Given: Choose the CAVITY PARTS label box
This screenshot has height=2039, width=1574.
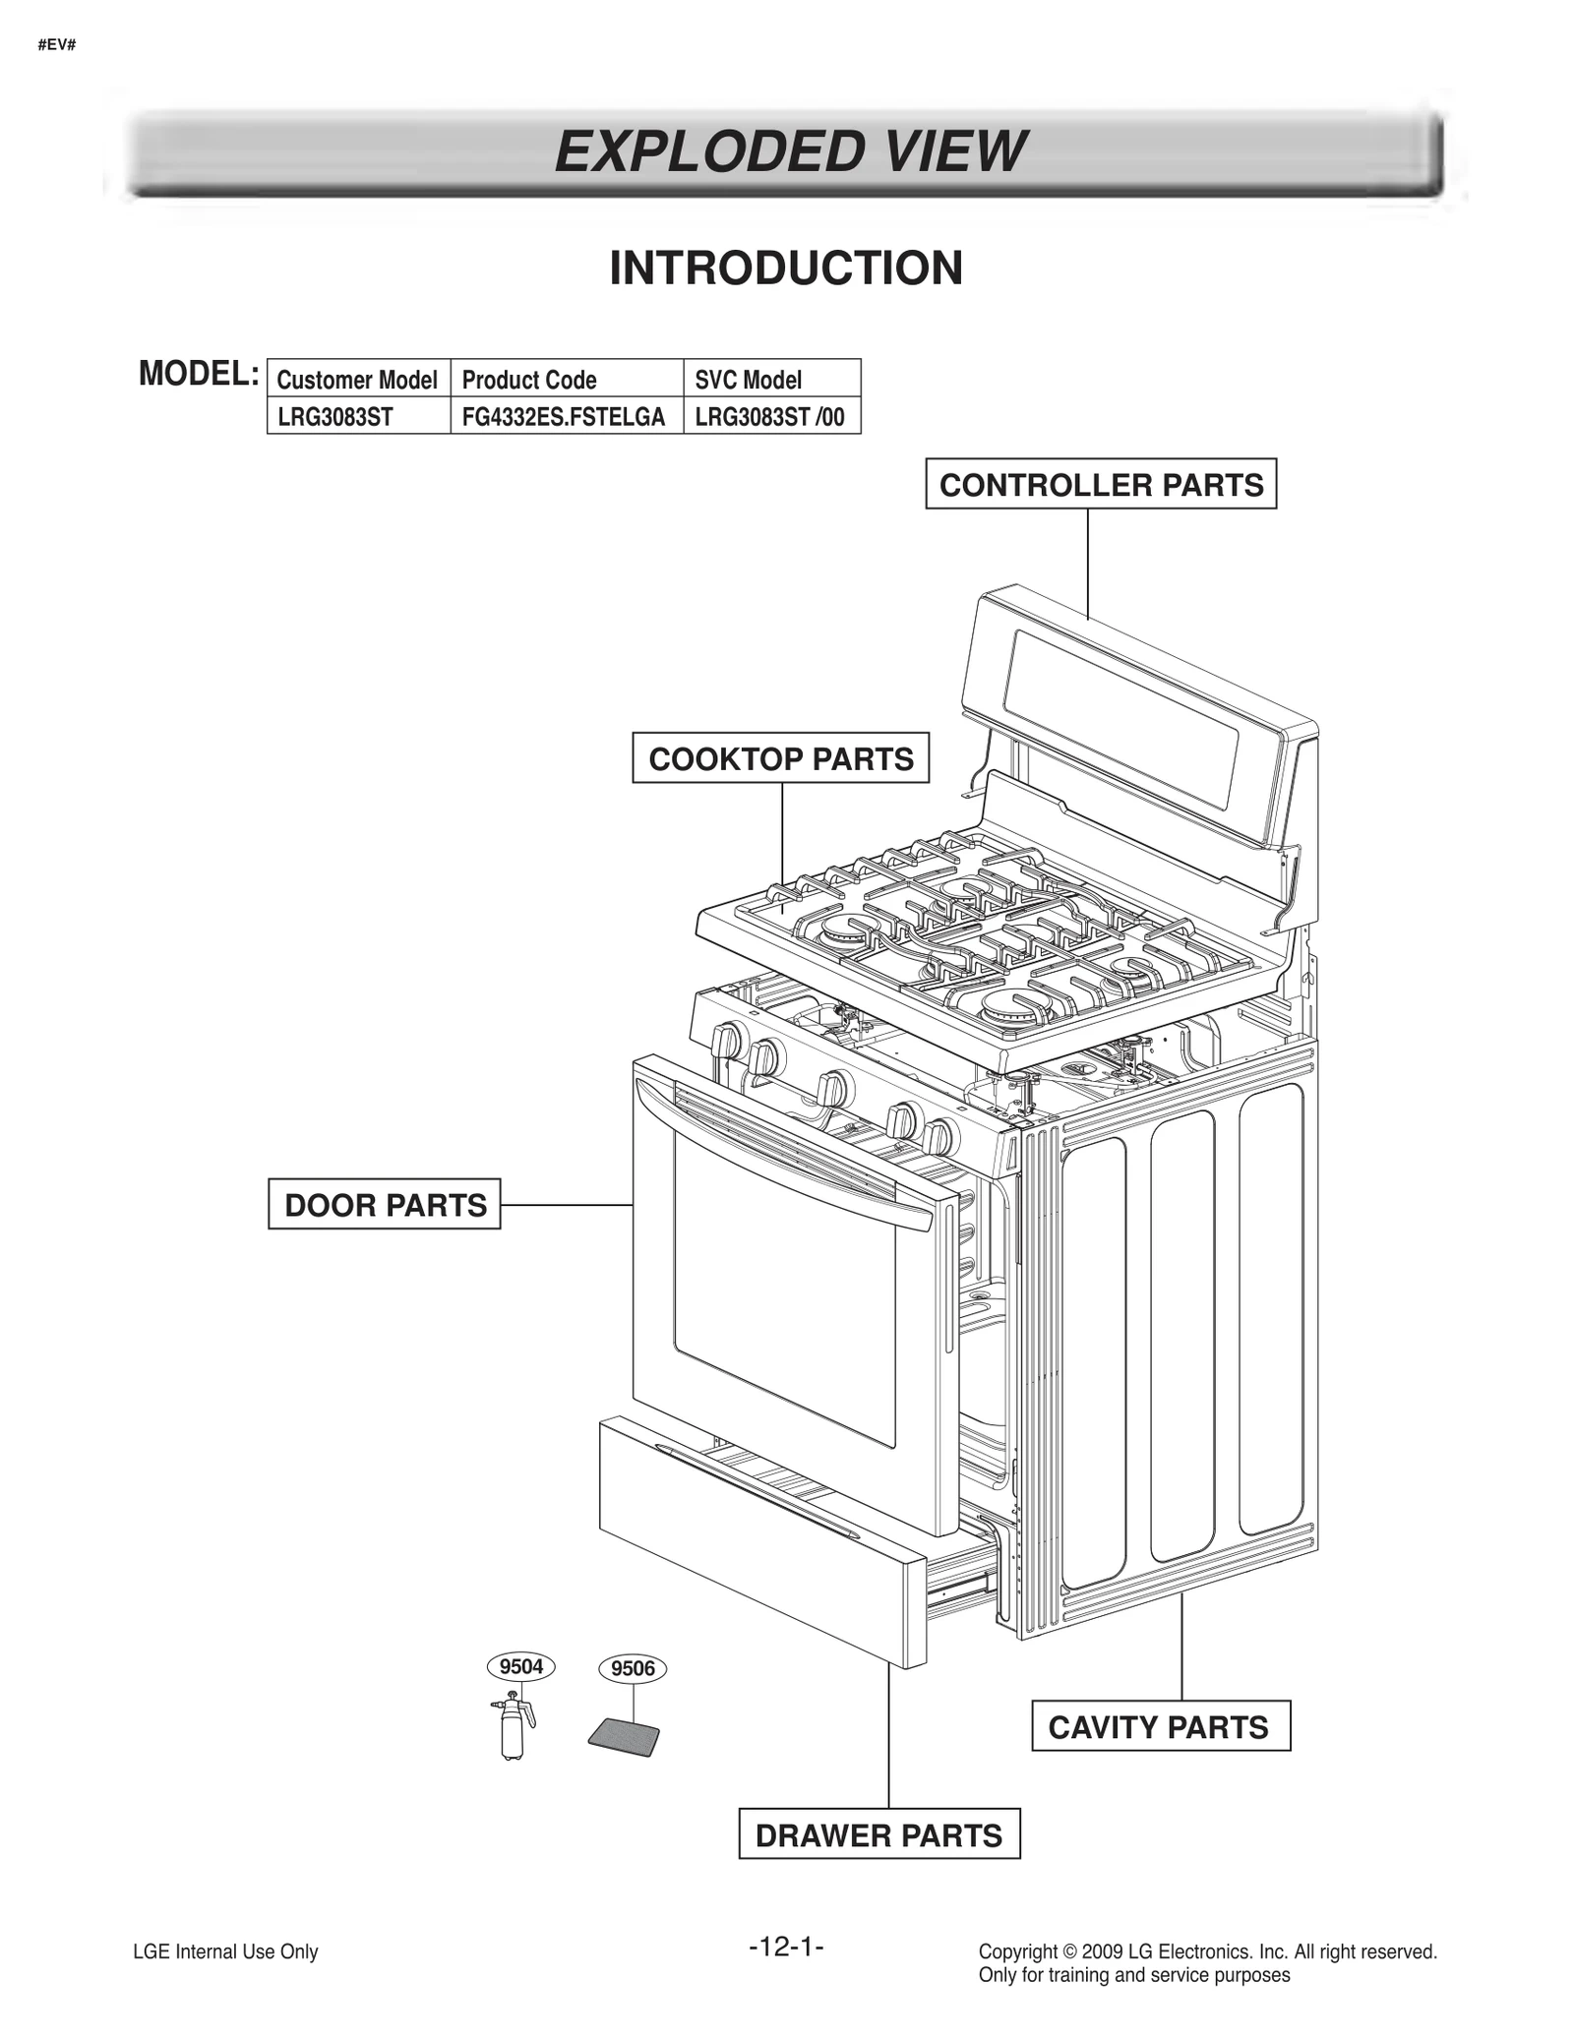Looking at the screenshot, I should pyautogui.click(x=1160, y=1725).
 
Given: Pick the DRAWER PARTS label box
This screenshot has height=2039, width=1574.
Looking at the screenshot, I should pyautogui.click(x=878, y=1833).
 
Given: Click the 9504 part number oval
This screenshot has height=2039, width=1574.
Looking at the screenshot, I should pyautogui.click(x=520, y=1666).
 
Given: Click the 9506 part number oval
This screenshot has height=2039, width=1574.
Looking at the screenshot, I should pyautogui.click(x=632, y=1668).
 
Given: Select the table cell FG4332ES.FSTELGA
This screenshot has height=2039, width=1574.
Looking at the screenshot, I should pyautogui.click(x=565, y=416).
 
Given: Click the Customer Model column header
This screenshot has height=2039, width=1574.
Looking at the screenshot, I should pyautogui.click(x=357, y=379).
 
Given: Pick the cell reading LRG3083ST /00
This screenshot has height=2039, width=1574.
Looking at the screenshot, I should pyautogui.click(x=769, y=416).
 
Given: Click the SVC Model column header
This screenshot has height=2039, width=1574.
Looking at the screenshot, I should pyautogui.click(x=749, y=379).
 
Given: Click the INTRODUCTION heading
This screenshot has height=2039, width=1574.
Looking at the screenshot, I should pyautogui.click(x=786, y=268).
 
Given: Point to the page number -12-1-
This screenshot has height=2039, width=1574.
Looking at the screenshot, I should pyautogui.click(x=785, y=1946).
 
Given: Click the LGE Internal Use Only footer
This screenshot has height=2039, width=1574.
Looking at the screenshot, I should pyautogui.click(x=225, y=1951).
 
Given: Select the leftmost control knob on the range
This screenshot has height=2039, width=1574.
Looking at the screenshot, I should pyautogui.click(x=730, y=1040).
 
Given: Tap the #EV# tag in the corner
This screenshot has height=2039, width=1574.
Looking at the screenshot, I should pyautogui.click(x=56, y=45).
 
